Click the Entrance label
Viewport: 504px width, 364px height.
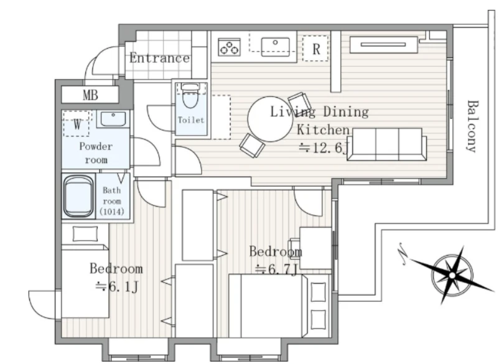pos(159,58)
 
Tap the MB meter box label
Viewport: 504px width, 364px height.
pos(90,95)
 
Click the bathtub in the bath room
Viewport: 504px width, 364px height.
pos(79,196)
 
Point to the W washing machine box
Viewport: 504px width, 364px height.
pos(77,124)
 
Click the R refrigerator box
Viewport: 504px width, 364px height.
pos(315,49)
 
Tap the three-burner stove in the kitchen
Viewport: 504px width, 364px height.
pos(229,47)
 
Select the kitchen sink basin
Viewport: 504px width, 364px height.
pos(275,46)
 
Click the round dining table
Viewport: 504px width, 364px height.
pos(270,119)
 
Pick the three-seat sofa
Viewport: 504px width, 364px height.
pos(387,144)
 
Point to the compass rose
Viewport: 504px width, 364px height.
pos(452,275)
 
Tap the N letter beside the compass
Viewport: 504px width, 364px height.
pos(402,254)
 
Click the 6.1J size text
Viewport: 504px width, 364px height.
pos(117,286)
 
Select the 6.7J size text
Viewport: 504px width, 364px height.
pos(276,270)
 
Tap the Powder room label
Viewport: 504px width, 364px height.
pos(96,152)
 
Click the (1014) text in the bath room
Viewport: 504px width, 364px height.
pos(112,212)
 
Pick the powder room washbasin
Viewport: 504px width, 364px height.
pos(113,119)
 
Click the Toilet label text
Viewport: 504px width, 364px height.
pos(191,120)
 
